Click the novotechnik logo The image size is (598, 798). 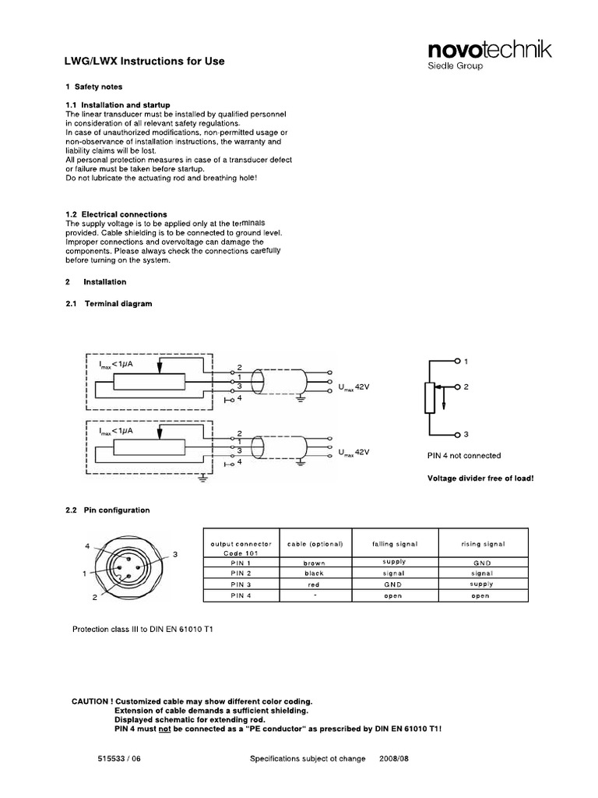(490, 51)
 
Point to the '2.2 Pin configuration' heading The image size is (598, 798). (107, 510)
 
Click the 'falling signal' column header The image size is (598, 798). (395, 543)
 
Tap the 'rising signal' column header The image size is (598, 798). (483, 543)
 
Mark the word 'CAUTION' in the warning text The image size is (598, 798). (93, 701)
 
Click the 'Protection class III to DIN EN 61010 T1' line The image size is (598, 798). (142, 629)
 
